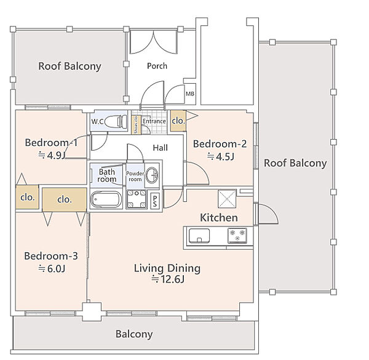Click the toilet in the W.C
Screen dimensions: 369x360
(116, 121)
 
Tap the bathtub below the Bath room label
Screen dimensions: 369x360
(106, 199)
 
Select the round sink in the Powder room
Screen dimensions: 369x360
(152, 175)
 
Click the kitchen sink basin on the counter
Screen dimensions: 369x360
(199, 236)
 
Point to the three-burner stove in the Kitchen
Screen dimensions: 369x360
(237, 236)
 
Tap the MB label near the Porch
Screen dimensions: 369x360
(190, 94)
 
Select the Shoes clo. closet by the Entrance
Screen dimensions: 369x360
(136, 124)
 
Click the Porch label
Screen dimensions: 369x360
(157, 66)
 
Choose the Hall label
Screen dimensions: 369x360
(161, 148)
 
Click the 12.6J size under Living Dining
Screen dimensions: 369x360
(168, 279)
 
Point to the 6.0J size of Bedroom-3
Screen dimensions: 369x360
(52, 269)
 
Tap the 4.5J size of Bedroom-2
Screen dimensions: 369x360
(221, 156)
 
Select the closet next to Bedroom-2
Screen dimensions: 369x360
(178, 121)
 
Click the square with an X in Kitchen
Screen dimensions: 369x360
(227, 199)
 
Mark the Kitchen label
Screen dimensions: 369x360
(218, 218)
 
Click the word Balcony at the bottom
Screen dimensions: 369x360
(134, 334)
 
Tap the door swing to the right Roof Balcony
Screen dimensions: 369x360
(268, 214)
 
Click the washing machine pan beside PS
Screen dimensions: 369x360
(137, 199)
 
